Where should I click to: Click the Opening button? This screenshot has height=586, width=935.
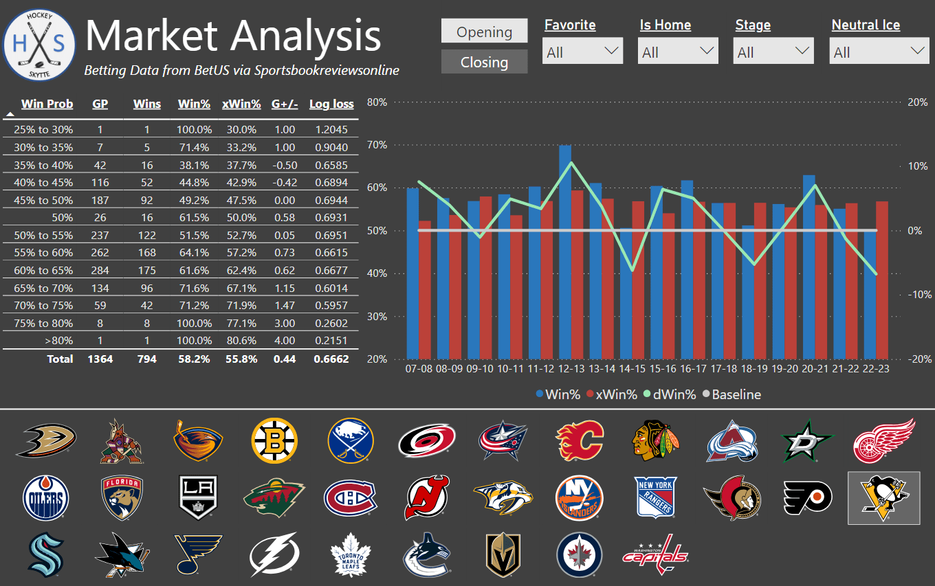click(484, 32)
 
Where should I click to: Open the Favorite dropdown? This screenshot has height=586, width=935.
click(582, 52)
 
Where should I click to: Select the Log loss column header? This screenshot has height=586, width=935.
click(331, 104)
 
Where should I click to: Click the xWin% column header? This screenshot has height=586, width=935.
click(241, 104)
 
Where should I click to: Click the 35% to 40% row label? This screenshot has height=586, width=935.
click(44, 165)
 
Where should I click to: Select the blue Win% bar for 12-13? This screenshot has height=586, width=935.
click(565, 251)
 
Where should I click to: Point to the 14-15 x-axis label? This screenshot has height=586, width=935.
click(632, 369)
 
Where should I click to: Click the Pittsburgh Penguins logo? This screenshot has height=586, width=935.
click(883, 498)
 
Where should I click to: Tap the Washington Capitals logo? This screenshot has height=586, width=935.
click(655, 554)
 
